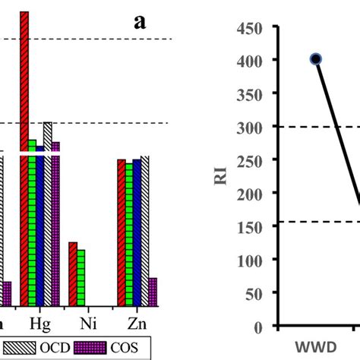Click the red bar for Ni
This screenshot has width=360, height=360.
[x=73, y=274]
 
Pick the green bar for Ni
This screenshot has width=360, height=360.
[x=81, y=278]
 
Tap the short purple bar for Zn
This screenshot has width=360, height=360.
[x=153, y=292]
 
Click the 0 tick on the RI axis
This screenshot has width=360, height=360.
[x=259, y=327]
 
